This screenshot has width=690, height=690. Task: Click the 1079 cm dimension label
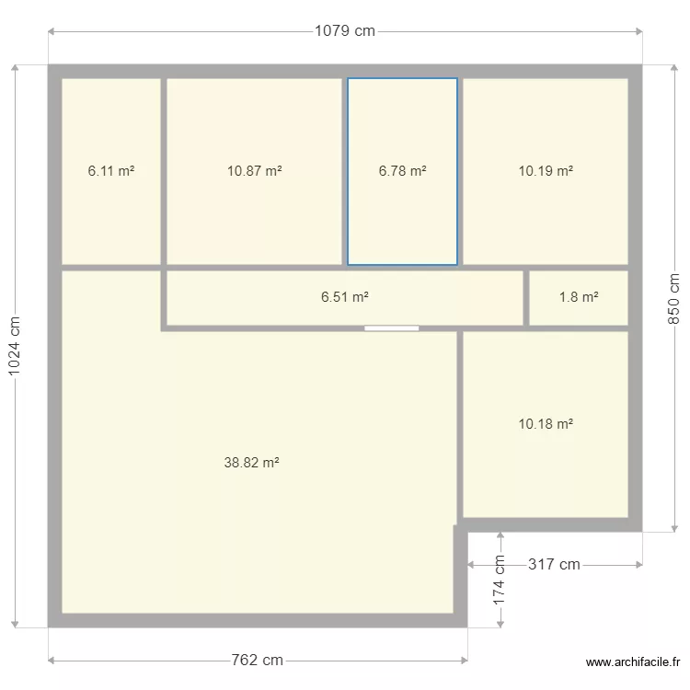345,30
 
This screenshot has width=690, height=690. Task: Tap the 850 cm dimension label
673,299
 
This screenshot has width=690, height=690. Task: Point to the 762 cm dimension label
258,660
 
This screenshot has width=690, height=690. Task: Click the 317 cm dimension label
554,564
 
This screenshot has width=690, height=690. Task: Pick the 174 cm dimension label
500,577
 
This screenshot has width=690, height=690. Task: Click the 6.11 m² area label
111,170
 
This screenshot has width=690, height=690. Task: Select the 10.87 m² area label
254,170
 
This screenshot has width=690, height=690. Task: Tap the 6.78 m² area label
402,170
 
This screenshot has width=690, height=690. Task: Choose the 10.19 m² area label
546,170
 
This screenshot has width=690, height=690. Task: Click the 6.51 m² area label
345,297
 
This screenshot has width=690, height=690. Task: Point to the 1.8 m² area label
579,297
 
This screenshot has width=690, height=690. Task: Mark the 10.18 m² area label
546,424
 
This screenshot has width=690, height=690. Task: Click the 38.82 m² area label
251,464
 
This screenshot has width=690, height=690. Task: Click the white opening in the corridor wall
391,328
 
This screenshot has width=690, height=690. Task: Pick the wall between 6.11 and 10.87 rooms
164,171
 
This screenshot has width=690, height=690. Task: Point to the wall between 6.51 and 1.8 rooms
526,297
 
